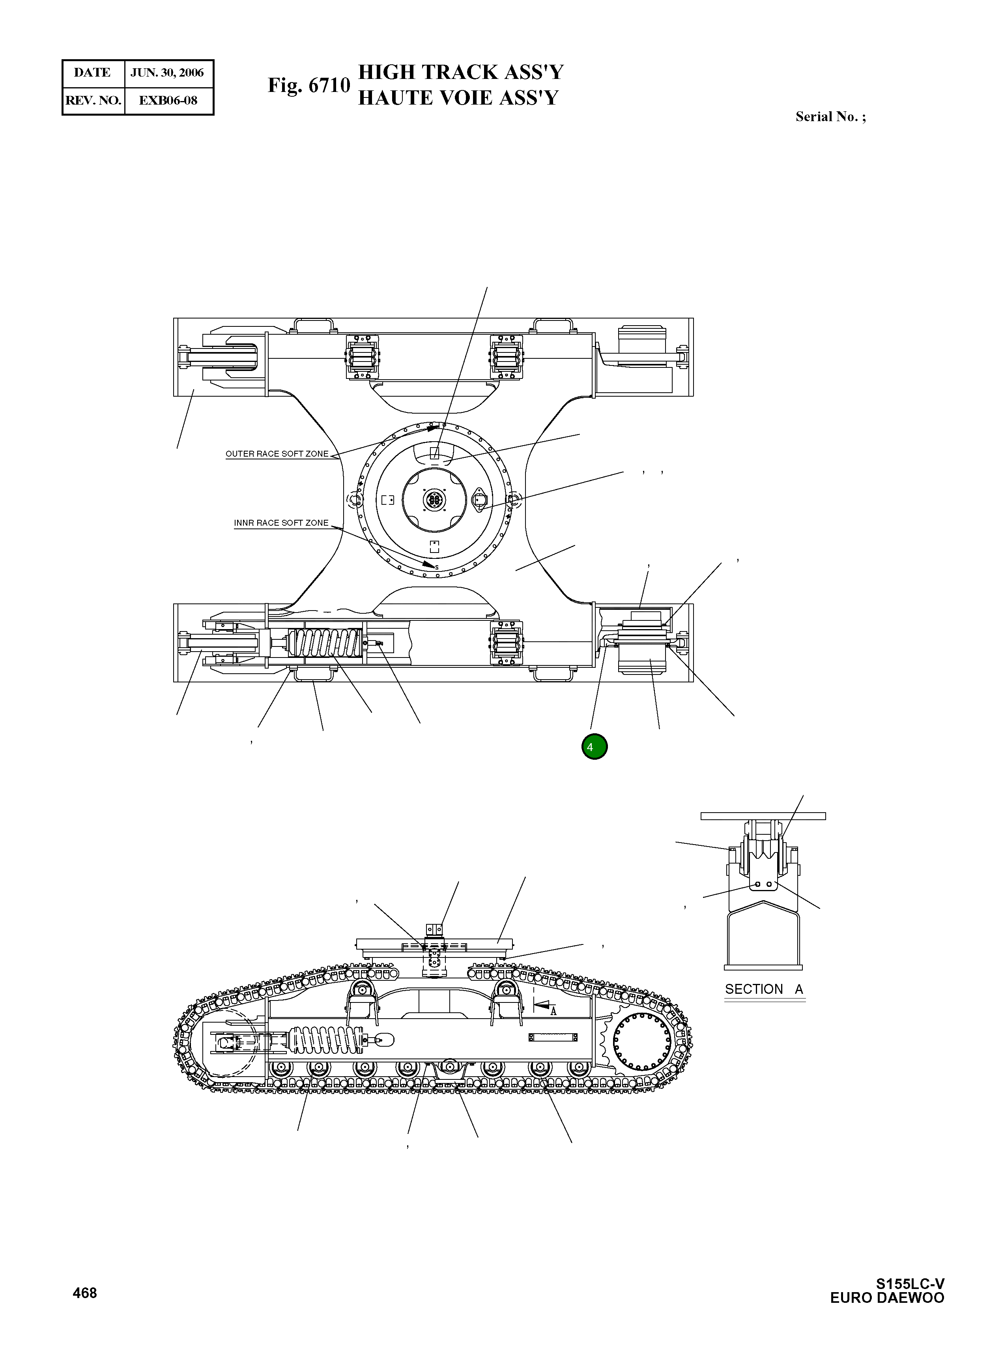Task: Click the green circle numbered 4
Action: click(x=594, y=747)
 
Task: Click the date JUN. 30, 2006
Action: click(x=167, y=73)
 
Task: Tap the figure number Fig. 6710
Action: click(x=309, y=85)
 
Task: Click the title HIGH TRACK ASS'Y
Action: click(x=461, y=72)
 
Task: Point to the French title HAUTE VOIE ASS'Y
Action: click(x=458, y=98)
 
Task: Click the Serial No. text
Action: click(x=830, y=117)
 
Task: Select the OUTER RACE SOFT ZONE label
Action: click(x=277, y=453)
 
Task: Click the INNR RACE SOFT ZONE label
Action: click(x=281, y=523)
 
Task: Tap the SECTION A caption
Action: click(x=764, y=989)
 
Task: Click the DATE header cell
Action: click(x=92, y=73)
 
